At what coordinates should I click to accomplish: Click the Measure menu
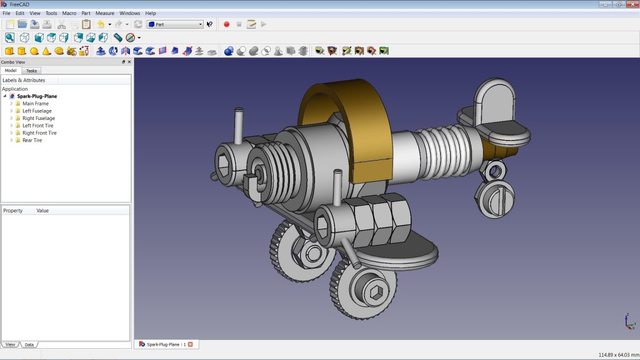coord(105,13)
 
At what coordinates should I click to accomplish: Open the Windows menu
coord(129,13)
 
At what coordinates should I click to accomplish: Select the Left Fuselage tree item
coord(37,111)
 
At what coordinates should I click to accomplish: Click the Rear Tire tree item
coord(32,140)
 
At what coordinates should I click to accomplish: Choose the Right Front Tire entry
coord(39,132)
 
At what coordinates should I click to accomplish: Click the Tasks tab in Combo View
coord(31,71)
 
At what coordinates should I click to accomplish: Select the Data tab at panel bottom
coord(29,344)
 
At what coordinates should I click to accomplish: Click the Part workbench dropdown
coord(175,24)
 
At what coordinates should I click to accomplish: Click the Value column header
coord(42,211)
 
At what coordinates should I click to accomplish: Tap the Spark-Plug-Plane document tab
coord(166,344)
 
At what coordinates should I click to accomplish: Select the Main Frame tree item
coord(35,103)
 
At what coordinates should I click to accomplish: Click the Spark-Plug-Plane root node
coord(37,96)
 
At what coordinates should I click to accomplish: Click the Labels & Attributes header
coord(24,80)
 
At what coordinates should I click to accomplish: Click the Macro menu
coord(69,13)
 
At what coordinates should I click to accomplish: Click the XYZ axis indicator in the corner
coord(629,321)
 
